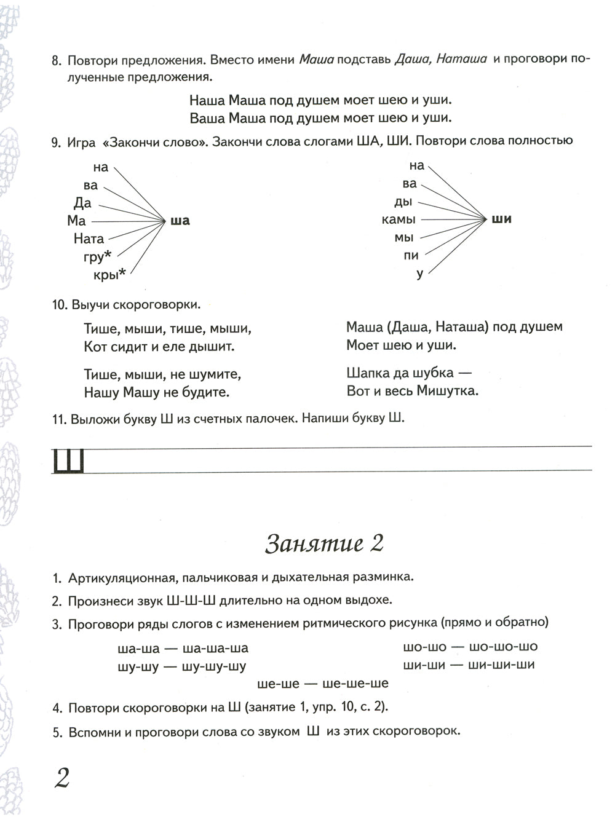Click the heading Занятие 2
click(324, 543)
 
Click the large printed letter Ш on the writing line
click(68, 461)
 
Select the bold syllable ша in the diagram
click(180, 221)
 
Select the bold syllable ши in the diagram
click(502, 219)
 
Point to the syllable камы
click(399, 219)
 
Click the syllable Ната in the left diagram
click(89, 239)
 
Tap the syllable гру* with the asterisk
click(97, 257)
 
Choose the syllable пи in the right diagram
click(411, 255)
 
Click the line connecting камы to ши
click(452, 219)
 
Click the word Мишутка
click(447, 390)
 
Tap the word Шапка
click(369, 373)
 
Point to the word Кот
click(95, 347)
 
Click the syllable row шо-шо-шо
click(503, 647)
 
